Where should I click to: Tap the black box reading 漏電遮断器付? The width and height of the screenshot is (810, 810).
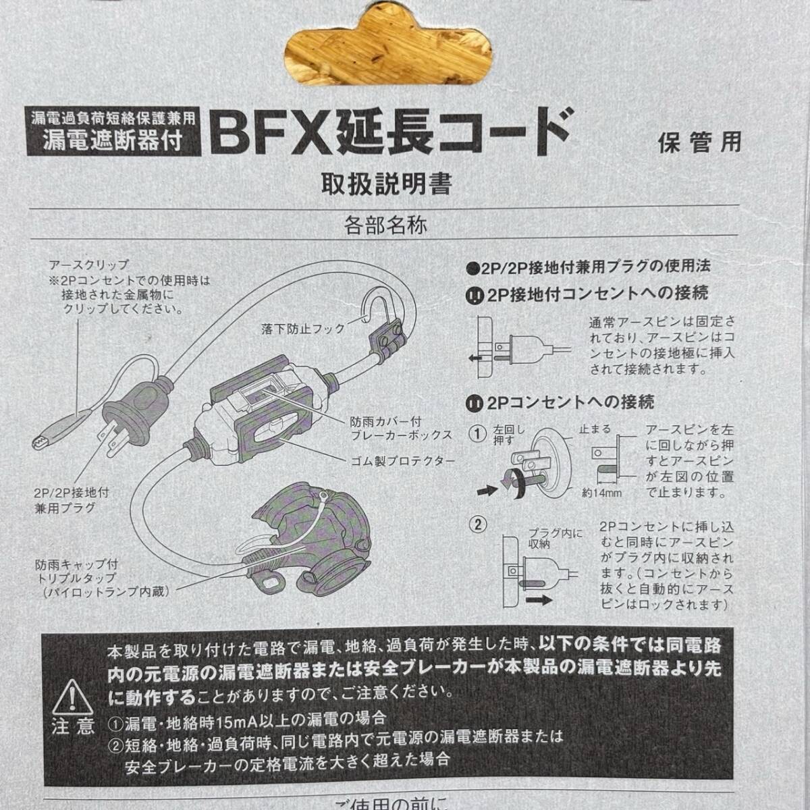(x=113, y=142)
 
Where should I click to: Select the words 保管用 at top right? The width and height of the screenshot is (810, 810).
(x=699, y=142)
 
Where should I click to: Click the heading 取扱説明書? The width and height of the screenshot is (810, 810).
(x=387, y=184)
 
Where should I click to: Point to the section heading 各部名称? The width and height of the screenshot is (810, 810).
(x=385, y=225)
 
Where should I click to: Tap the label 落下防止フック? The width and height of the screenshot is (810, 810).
(x=303, y=329)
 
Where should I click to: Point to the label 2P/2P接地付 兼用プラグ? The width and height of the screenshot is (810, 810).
(x=72, y=500)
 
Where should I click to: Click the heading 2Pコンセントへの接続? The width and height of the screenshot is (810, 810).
(x=561, y=403)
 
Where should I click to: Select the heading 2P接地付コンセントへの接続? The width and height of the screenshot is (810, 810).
(x=588, y=294)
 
